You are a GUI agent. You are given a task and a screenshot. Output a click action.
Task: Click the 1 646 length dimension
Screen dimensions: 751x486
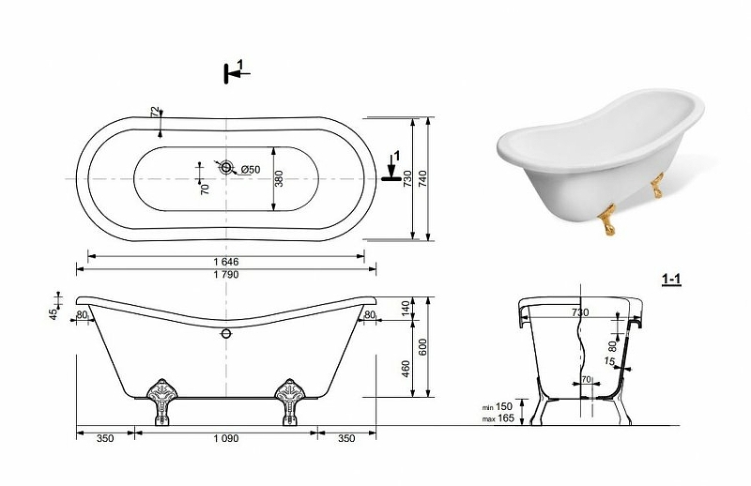point(226,262)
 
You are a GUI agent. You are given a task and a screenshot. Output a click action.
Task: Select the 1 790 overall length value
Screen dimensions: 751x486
point(226,275)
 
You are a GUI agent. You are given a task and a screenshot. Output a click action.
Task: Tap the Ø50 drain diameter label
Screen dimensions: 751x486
point(251,170)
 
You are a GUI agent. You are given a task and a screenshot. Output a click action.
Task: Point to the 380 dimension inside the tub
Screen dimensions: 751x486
point(280,178)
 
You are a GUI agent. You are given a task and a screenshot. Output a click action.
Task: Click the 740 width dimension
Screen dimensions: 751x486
point(422,178)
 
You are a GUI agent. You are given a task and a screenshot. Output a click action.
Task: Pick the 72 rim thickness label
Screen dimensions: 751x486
point(154,112)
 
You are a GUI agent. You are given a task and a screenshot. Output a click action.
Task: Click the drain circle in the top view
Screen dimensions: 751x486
point(226,168)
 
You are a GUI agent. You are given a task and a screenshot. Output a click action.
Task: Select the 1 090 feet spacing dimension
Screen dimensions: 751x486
point(225,438)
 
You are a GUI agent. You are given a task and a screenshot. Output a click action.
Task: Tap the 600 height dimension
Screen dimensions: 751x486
point(422,347)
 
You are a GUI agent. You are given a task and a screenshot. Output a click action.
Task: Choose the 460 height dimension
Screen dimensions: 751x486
point(406,369)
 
